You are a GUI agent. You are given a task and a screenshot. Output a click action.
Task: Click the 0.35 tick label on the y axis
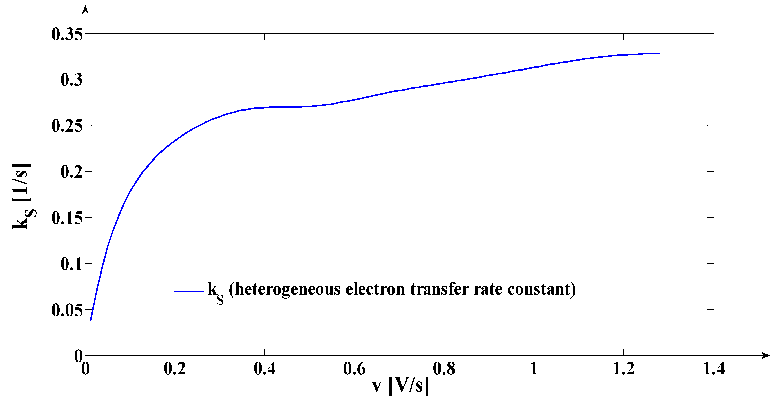coord(67,34)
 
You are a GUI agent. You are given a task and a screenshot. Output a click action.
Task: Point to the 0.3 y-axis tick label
coord(71,80)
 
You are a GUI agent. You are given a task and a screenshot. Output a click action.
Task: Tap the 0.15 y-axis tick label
coord(67,218)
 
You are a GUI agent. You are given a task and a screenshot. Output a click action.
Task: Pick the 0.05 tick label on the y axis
coord(67,310)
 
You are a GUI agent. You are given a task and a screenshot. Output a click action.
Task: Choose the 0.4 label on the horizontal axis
coord(264,369)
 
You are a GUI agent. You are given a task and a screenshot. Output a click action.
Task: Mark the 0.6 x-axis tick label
coord(354,369)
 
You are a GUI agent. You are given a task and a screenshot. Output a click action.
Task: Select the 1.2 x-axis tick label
coord(623,369)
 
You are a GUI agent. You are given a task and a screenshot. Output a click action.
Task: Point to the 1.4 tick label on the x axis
coord(714,369)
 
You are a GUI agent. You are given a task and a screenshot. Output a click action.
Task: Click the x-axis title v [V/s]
coord(401,386)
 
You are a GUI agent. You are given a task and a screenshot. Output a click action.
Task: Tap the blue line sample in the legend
coord(188,291)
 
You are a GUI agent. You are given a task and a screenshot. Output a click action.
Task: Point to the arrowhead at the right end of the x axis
coord(766,355)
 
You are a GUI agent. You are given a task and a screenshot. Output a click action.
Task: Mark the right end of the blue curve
coord(659,54)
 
